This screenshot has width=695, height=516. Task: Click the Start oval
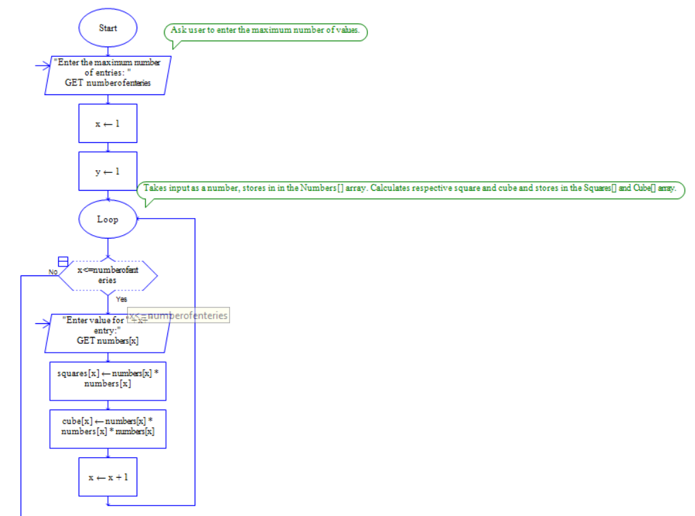108,28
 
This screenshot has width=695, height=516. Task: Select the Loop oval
108,219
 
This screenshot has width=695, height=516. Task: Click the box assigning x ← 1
108,124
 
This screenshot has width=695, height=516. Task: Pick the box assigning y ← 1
108,171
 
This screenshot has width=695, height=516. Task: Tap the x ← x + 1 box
108,476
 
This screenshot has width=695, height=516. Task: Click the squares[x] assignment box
108,378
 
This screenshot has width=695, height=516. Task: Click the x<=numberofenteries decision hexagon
108,275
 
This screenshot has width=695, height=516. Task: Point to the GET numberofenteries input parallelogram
108,75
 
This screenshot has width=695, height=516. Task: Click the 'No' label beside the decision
53,272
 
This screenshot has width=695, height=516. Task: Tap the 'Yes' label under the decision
122,299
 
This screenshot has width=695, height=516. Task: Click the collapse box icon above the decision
63,262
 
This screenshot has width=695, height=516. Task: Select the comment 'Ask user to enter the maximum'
266,31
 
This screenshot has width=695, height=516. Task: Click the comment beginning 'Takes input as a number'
410,189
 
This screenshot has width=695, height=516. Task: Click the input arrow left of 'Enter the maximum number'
43,66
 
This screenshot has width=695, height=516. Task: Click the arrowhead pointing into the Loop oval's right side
139,219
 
